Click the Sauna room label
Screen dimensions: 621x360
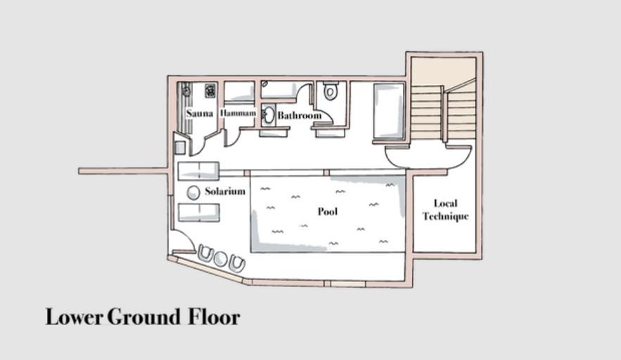pos(200,114)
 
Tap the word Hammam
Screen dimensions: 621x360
pos(238,113)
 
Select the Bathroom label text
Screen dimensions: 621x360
pos(300,115)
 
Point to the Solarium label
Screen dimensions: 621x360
pos(225,191)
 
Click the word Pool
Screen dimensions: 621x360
pos(328,211)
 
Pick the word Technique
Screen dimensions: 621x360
pos(446,217)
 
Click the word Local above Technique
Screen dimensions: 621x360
pos(446,204)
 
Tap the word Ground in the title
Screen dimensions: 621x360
pos(144,317)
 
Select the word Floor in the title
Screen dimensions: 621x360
pos(214,317)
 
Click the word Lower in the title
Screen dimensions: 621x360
pos(75,317)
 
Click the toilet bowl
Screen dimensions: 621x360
pos(330,91)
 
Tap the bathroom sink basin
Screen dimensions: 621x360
pos(269,115)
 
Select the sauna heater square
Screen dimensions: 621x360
pos(210,91)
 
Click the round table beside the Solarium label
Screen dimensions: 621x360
pos(193,193)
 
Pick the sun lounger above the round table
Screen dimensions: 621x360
pos(198,171)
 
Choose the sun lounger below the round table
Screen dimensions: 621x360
pos(199,212)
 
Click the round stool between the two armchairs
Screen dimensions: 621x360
pos(219,259)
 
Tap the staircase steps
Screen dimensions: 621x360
pos(443,113)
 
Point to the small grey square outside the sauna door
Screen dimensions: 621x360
pos(179,148)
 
